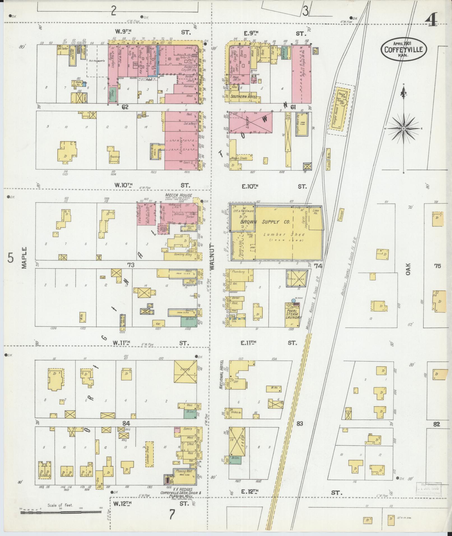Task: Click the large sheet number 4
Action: click(431, 20)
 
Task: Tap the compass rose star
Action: click(404, 129)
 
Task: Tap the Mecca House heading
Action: click(179, 195)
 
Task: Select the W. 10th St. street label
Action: click(123, 185)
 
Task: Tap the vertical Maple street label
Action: click(24, 257)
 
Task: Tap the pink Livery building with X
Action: click(251, 123)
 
